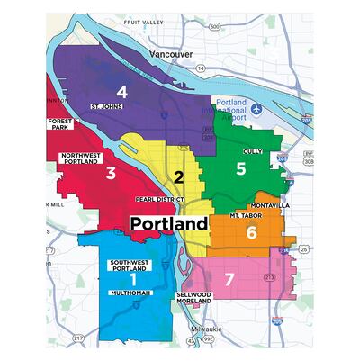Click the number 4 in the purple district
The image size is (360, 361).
[x=121, y=91]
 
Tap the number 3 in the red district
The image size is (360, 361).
[x=109, y=173]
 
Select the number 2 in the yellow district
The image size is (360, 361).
[x=179, y=177]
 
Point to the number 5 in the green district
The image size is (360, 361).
[x=240, y=168]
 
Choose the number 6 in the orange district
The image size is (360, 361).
[x=251, y=232]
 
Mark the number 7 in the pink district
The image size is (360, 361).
[x=229, y=280]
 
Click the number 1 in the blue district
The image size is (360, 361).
[x=134, y=280]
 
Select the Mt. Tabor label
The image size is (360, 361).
[x=245, y=217]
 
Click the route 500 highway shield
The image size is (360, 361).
[x=213, y=27]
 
